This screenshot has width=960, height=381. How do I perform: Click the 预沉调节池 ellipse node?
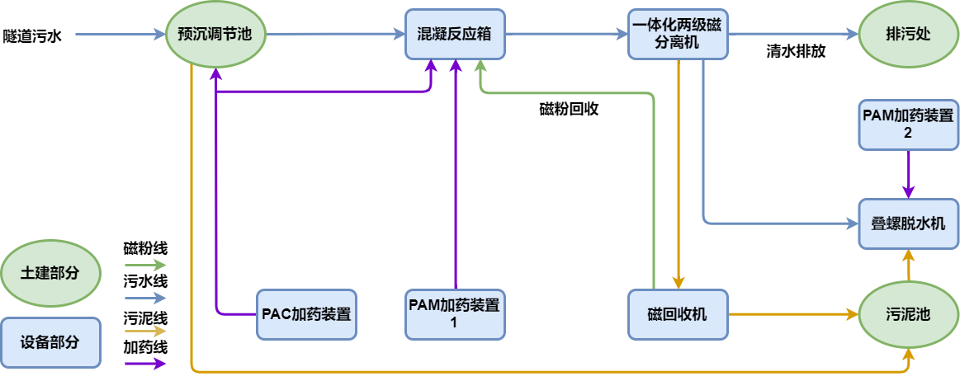(x=215, y=35)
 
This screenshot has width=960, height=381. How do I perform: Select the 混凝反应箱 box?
(x=455, y=35)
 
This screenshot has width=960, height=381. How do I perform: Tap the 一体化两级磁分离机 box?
(x=678, y=35)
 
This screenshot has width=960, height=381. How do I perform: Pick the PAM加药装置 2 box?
(x=908, y=125)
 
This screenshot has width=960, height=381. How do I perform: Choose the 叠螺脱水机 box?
(x=908, y=223)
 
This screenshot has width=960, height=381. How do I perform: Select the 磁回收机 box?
(x=678, y=314)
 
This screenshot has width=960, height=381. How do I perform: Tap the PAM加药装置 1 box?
(x=455, y=314)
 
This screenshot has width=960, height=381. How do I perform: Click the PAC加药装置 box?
(x=306, y=314)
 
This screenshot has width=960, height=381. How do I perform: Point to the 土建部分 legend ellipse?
(x=50, y=273)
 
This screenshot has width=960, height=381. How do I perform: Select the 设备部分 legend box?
(x=50, y=341)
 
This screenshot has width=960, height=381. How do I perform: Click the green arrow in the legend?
(x=145, y=265)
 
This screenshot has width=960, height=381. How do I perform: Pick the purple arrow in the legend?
(x=145, y=364)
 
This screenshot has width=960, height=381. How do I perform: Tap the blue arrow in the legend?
(x=145, y=298)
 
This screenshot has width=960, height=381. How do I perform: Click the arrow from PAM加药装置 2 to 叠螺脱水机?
(x=909, y=174)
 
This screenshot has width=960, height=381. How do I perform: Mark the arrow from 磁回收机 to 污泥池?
(x=792, y=314)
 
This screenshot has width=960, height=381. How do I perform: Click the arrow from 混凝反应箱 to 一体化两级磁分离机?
(x=566, y=35)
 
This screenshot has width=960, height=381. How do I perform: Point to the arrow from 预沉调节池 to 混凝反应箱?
(x=335, y=35)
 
